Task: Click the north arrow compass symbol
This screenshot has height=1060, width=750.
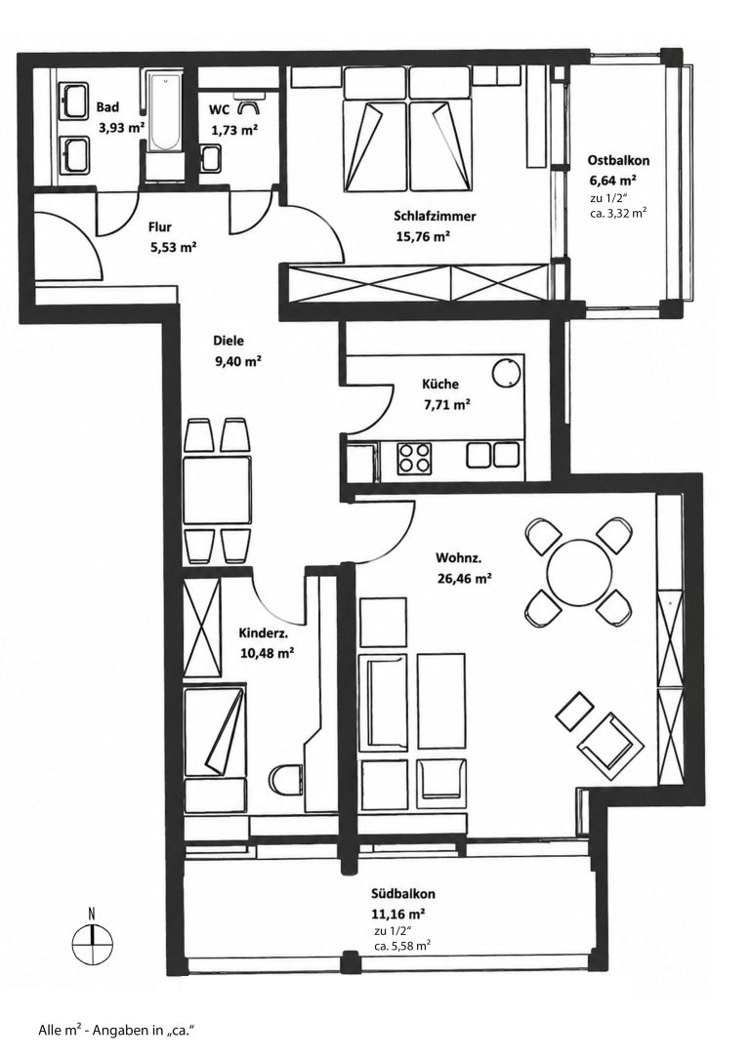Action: click(x=91, y=940)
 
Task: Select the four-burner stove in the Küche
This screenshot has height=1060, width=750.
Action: click(x=413, y=457)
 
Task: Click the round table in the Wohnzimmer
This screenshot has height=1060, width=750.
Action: click(x=579, y=572)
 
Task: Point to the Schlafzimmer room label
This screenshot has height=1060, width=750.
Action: click(x=435, y=217)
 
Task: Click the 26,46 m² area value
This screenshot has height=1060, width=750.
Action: click(x=463, y=578)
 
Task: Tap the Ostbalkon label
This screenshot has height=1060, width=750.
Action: click(x=618, y=161)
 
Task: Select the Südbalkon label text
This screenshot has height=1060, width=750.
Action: click(x=402, y=894)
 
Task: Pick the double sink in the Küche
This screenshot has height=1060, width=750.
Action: click(x=493, y=454)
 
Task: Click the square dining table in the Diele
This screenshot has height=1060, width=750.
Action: click(x=217, y=490)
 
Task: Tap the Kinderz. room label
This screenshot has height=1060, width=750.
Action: click(x=264, y=633)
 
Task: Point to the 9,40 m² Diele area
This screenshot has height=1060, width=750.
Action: click(x=238, y=361)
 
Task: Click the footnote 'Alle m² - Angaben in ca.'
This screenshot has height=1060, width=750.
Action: click(x=116, y=1031)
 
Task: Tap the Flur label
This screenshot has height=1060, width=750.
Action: click(x=160, y=227)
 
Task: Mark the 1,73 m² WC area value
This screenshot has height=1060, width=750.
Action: click(x=234, y=130)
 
